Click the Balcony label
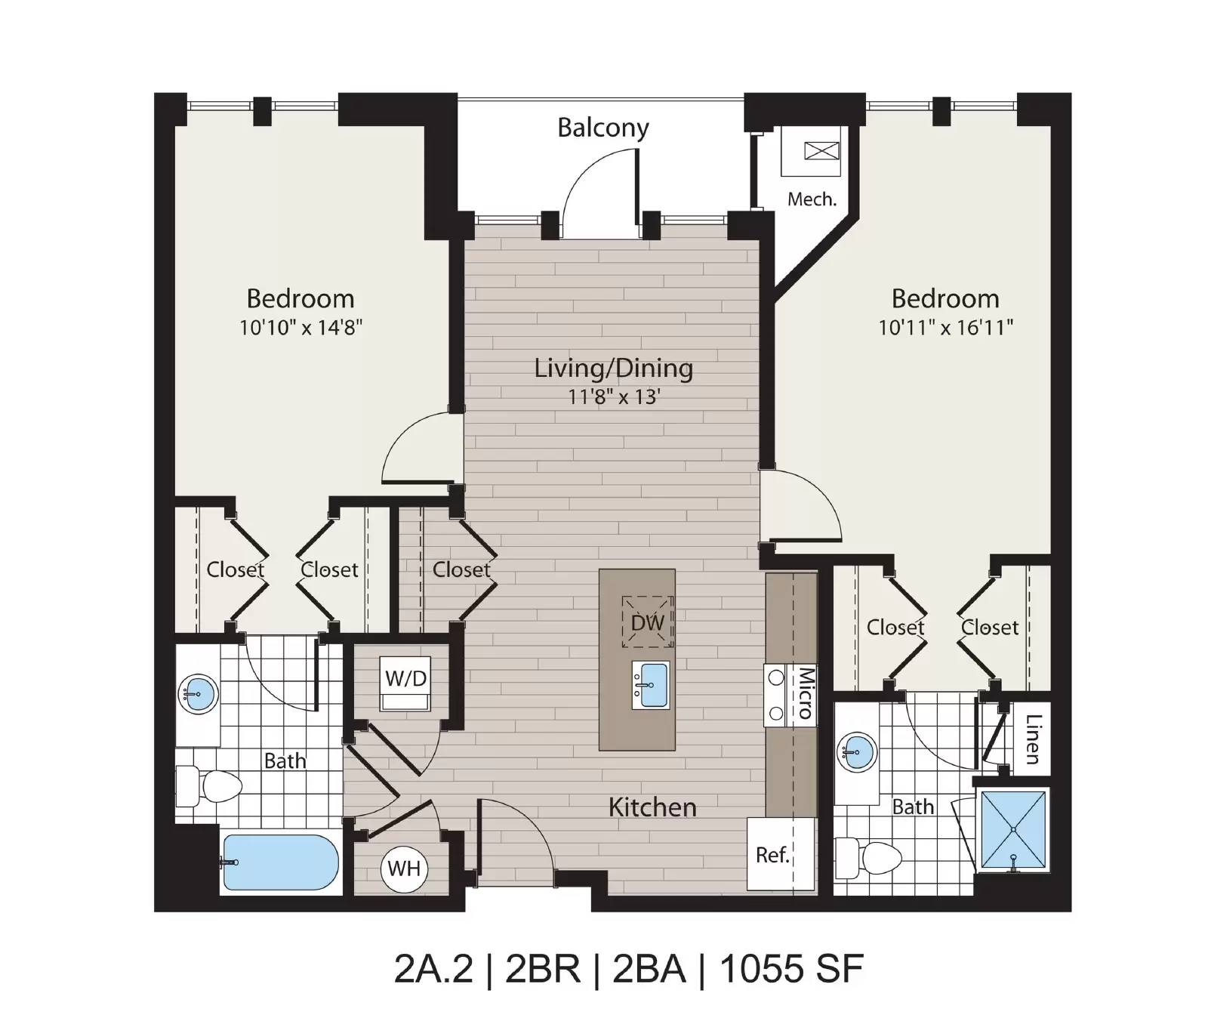[x=603, y=128]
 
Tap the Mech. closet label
[x=812, y=199]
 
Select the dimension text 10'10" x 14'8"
[x=301, y=327]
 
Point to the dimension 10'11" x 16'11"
[x=945, y=327]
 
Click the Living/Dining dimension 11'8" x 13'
[x=614, y=396]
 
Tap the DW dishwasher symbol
[x=647, y=622]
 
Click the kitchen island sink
[x=651, y=686]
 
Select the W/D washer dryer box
[x=406, y=684]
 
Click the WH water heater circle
[x=404, y=869]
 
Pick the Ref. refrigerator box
[x=781, y=854]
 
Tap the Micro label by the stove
[x=806, y=693]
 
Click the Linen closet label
[x=1033, y=739]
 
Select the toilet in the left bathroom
[x=209, y=785]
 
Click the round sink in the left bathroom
[x=198, y=693]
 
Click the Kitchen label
[x=652, y=807]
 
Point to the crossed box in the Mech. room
[x=821, y=150]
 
